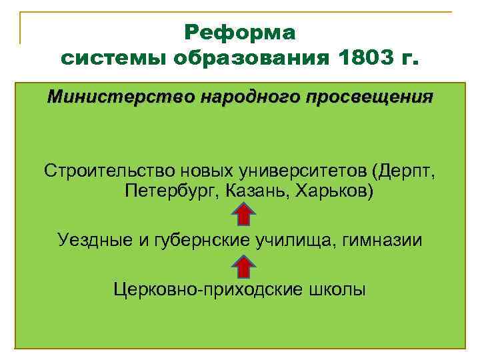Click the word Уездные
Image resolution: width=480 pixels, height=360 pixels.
[95, 240]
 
